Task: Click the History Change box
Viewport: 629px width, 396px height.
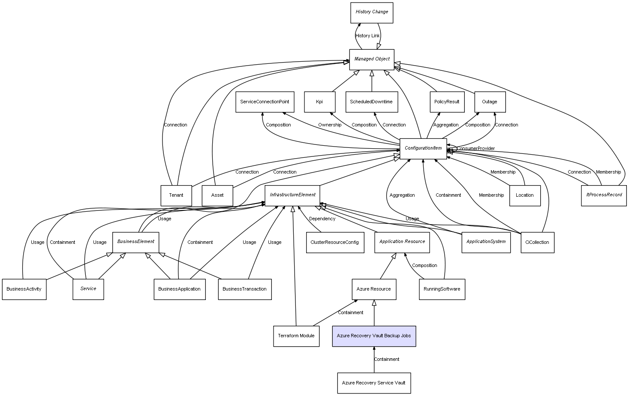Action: [372, 12]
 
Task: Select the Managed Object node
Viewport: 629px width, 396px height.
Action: [372, 59]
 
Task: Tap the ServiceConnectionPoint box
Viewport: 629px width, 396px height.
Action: [265, 102]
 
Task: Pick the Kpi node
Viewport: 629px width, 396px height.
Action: [319, 102]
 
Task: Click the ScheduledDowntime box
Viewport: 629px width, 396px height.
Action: [371, 102]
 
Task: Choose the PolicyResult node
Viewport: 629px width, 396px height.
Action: [447, 102]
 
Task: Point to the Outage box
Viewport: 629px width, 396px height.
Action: [490, 102]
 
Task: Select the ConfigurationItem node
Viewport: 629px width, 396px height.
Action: [423, 148]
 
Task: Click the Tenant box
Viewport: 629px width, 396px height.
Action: [176, 195]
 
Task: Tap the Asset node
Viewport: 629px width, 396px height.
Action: [217, 195]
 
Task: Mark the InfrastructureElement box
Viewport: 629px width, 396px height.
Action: [292, 195]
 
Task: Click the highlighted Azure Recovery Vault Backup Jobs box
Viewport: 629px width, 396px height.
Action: [374, 336]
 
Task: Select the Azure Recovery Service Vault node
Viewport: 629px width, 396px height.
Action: [374, 383]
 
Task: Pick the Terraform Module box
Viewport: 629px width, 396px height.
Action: [296, 336]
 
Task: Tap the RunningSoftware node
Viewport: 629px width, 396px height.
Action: [442, 289]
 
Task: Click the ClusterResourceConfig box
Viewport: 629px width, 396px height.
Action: [335, 243]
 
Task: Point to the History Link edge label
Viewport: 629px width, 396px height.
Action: [367, 36]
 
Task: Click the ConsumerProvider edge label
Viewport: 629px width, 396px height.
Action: [476, 149]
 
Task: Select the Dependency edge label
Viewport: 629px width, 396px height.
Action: [322, 219]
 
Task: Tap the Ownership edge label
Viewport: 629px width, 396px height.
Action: [330, 125]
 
